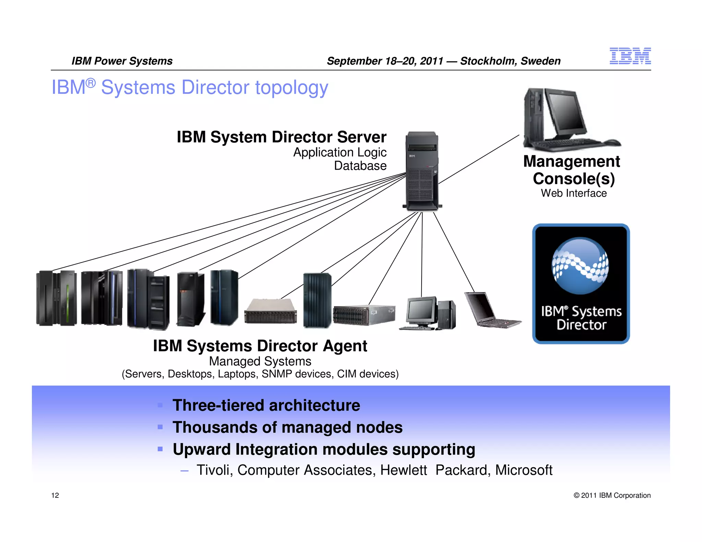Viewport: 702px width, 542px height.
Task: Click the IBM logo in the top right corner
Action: (630, 56)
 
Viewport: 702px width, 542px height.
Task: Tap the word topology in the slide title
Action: (291, 87)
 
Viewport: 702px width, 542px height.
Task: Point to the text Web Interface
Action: (573, 193)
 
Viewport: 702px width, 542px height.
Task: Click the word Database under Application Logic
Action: (360, 166)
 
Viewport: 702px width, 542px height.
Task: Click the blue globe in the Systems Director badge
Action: (580, 266)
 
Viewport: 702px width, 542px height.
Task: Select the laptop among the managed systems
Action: (490, 310)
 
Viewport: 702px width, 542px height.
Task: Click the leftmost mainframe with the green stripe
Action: (57, 298)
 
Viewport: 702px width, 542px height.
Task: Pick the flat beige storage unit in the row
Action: (270, 311)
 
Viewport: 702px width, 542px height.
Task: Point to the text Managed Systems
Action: (260, 361)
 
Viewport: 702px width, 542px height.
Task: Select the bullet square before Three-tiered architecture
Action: (160, 405)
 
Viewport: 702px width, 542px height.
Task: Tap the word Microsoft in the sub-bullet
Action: (523, 470)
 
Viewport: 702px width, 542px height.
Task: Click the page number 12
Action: (55, 495)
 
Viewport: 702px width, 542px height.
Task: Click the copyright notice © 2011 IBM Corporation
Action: (612, 495)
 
